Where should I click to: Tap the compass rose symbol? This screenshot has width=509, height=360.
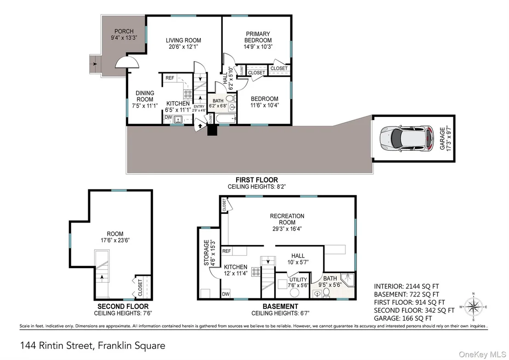point(473,307)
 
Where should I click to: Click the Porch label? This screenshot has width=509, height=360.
point(124,31)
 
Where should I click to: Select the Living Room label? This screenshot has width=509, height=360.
point(183,40)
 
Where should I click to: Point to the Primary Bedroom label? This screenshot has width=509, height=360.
point(258,37)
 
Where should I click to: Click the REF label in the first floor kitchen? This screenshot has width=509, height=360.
point(170,78)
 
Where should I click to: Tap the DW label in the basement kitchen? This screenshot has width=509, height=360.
point(226,294)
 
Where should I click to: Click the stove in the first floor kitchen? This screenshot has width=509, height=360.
point(188,94)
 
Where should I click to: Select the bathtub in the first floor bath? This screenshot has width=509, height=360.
point(226,119)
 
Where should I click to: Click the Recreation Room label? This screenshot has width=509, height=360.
point(287,219)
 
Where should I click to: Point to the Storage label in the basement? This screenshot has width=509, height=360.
point(206,252)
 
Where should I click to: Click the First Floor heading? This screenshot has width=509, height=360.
point(257,180)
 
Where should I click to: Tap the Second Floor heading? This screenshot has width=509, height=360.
point(123,306)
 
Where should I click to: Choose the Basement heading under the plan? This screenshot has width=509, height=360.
point(281,306)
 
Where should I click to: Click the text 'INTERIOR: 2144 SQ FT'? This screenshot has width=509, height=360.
point(407,286)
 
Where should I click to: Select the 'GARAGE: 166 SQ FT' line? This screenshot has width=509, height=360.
point(403,319)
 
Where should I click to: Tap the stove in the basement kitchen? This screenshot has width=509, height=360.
point(256,272)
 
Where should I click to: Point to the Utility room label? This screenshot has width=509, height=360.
point(298,280)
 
